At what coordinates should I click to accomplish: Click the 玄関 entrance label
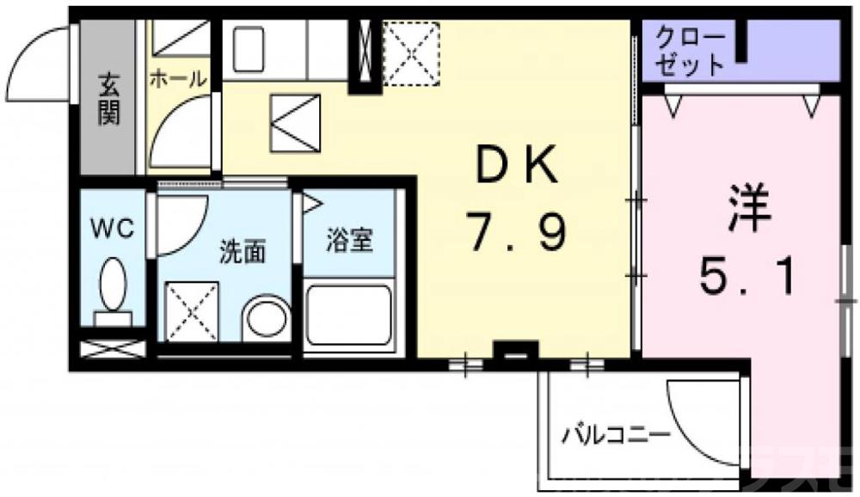pyautogui.click(x=108, y=99)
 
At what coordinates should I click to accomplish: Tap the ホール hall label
pyautogui.click(x=178, y=80)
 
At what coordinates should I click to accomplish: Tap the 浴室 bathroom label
pyautogui.click(x=349, y=240)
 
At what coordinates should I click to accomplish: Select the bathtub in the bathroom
pyautogui.click(x=349, y=315)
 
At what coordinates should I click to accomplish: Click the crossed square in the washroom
pyautogui.click(x=190, y=310)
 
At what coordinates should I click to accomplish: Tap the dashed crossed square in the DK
pyautogui.click(x=410, y=53)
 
